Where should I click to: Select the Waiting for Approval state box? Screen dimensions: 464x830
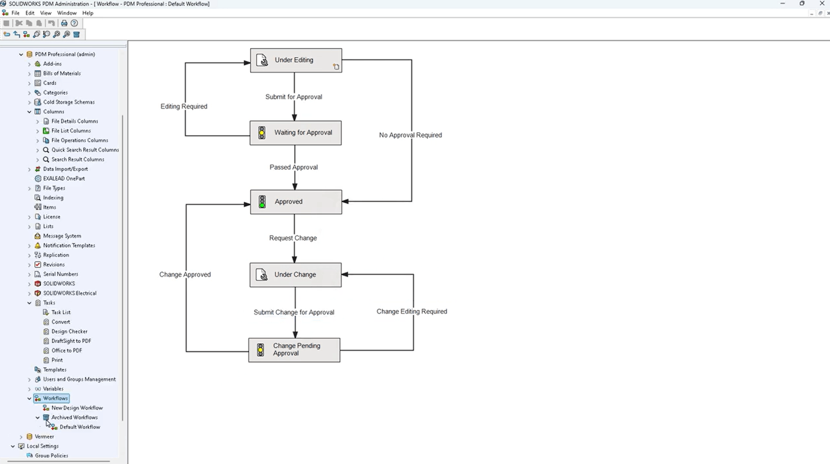coord(296,133)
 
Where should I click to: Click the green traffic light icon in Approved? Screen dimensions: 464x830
coord(262,202)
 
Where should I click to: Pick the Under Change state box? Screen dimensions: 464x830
coord(295,275)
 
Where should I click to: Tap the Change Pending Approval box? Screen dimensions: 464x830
coord(294,350)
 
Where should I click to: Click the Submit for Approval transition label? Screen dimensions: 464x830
coord(293,97)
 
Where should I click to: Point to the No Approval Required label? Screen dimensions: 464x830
coord(410,135)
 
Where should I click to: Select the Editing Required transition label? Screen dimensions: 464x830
coord(184,107)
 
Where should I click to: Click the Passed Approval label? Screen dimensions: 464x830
coord(293,167)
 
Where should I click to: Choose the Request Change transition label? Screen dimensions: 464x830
coord(293,238)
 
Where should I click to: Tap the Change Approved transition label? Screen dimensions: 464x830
coord(185,275)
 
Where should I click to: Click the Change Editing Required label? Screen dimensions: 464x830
coord(411,312)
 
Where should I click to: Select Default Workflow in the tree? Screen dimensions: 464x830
coord(79,427)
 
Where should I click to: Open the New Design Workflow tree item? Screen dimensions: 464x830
coord(77,408)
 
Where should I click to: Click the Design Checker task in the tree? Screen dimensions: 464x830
coord(69,331)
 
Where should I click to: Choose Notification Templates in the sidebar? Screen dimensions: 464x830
coord(69,245)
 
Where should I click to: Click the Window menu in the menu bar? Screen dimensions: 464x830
coord(66,13)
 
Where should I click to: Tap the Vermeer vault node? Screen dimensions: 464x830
coord(44,437)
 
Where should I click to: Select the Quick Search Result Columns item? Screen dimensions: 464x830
coord(85,150)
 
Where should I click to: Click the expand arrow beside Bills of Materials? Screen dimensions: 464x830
coord(30,73)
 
